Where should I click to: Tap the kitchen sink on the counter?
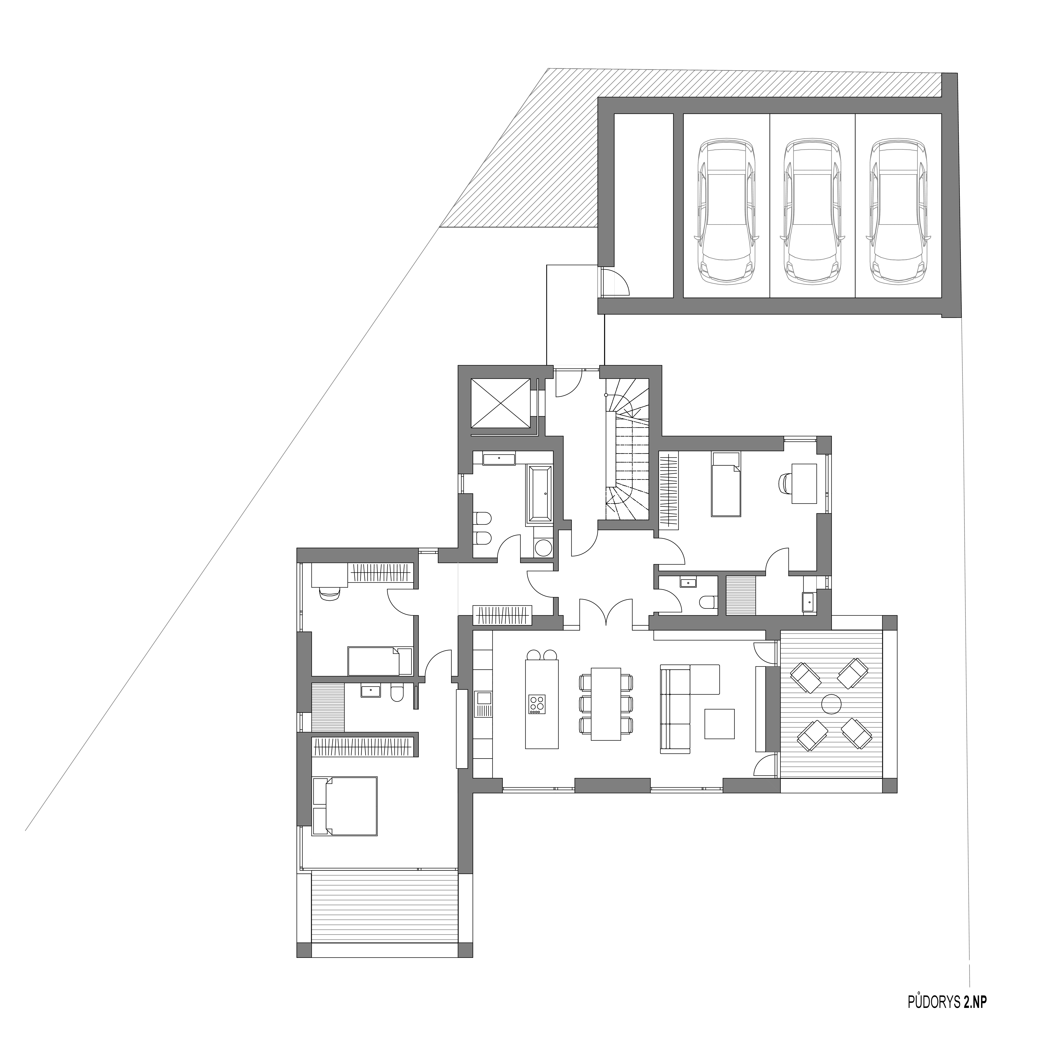click(483, 698)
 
